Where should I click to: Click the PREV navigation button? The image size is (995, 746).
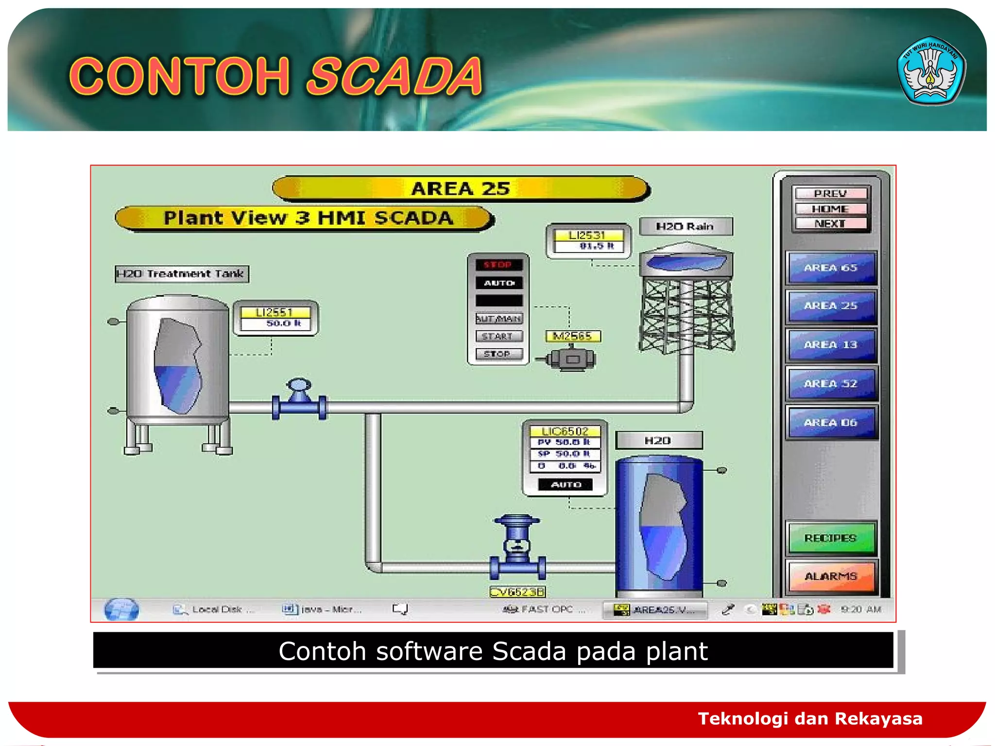830,193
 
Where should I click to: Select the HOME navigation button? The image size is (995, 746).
830,209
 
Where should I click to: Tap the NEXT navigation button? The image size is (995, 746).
830,223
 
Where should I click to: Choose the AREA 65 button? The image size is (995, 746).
831,268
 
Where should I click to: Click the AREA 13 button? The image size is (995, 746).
831,345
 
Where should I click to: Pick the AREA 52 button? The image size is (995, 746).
831,384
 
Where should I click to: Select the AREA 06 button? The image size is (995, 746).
831,423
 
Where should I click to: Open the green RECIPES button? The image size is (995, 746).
831,538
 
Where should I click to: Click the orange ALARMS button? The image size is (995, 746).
831,576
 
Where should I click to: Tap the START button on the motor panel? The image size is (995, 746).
498,336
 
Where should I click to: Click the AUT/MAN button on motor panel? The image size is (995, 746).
498,319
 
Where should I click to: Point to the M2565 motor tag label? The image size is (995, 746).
573,336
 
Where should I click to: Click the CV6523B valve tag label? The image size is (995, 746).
517,592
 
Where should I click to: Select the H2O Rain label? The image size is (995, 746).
686,226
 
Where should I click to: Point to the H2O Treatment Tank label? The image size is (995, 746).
182,274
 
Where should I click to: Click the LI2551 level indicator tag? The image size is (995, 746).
275,312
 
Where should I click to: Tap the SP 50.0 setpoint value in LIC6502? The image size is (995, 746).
565,454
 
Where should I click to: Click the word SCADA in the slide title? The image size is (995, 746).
394,76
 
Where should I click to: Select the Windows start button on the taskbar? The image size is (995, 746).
121,610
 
